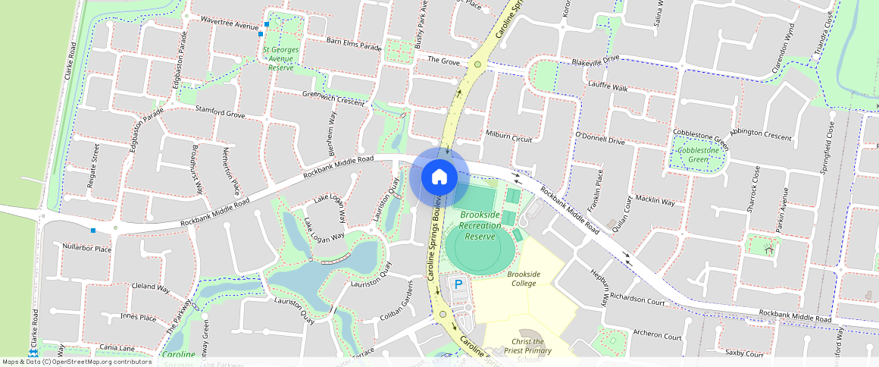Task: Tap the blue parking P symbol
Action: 458,285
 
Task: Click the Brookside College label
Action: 524,278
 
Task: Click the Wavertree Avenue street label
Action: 230,23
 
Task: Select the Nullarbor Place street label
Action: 87,249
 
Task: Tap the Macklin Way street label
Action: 655,201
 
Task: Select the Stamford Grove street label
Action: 220,112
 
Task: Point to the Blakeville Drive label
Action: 596,59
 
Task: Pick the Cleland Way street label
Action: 151,288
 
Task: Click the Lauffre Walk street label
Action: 608,88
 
